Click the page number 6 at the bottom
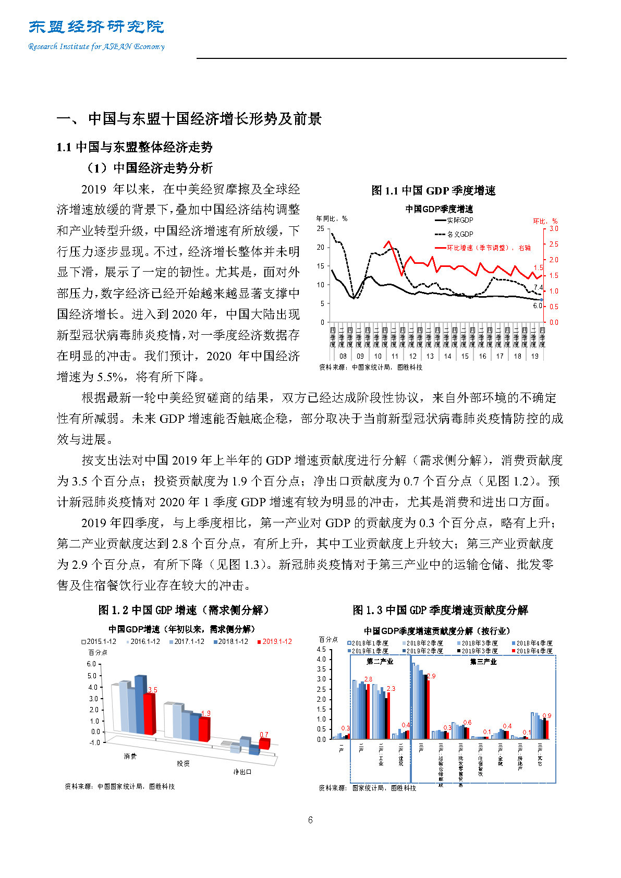click(310, 820)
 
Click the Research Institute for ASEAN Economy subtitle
click(96, 46)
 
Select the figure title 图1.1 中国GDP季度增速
click(433, 191)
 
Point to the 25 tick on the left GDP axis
click(320, 229)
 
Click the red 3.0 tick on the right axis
click(553, 229)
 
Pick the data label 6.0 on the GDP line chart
click(537, 306)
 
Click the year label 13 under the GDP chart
click(430, 357)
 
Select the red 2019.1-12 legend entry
click(276, 642)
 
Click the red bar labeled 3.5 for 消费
click(150, 713)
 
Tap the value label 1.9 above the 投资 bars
click(205, 713)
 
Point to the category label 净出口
click(242, 772)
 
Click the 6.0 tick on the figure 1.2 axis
click(91, 664)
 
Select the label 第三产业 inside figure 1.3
click(483, 662)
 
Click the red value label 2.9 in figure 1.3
click(431, 676)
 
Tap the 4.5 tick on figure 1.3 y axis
click(321, 650)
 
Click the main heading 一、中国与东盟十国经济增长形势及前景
click(189, 119)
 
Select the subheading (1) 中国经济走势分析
click(150, 168)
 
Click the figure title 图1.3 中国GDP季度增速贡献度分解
click(440, 610)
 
